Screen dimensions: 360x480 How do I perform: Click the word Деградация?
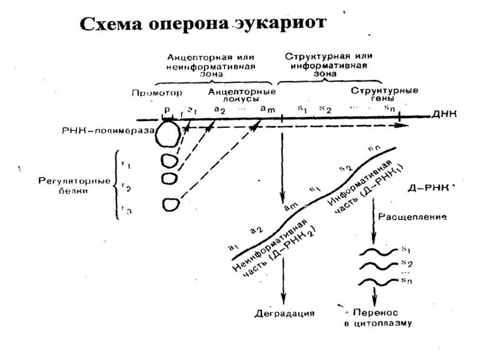[284, 313]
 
